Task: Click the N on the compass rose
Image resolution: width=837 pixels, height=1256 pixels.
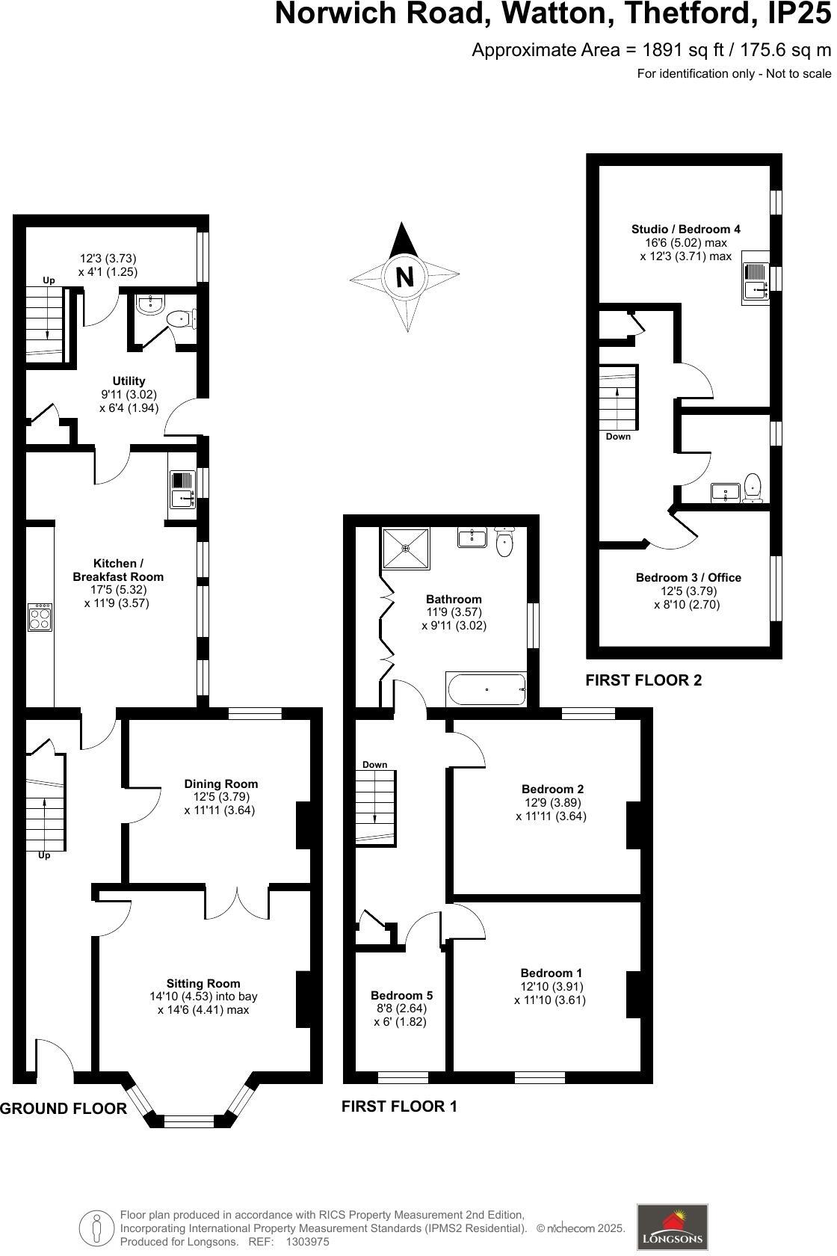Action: [404, 277]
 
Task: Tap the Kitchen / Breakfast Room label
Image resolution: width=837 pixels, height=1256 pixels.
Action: [118, 570]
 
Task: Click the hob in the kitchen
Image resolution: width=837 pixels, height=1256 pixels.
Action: [40, 618]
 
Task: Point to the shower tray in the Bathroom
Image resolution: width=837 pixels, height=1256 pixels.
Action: [407, 548]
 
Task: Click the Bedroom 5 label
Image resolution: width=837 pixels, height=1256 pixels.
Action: [401, 995]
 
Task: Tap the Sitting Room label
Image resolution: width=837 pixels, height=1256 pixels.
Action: [203, 983]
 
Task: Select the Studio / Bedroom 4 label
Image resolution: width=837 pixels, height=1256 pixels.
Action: [685, 229]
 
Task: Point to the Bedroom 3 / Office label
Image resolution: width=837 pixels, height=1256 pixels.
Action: [688, 577]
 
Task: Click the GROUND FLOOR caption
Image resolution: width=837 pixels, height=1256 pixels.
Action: [64, 1109]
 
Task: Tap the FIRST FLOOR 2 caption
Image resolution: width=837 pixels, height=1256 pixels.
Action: [643, 680]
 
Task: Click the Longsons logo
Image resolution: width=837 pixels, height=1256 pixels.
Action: [672, 1227]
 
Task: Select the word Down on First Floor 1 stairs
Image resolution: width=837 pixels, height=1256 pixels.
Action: [374, 764]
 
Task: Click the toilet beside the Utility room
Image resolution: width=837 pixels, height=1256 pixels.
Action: [179, 319]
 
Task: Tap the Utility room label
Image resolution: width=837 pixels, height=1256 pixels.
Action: [129, 381]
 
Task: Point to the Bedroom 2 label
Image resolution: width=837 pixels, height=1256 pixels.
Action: [552, 789]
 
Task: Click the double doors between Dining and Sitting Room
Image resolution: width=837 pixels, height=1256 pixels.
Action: [237, 902]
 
